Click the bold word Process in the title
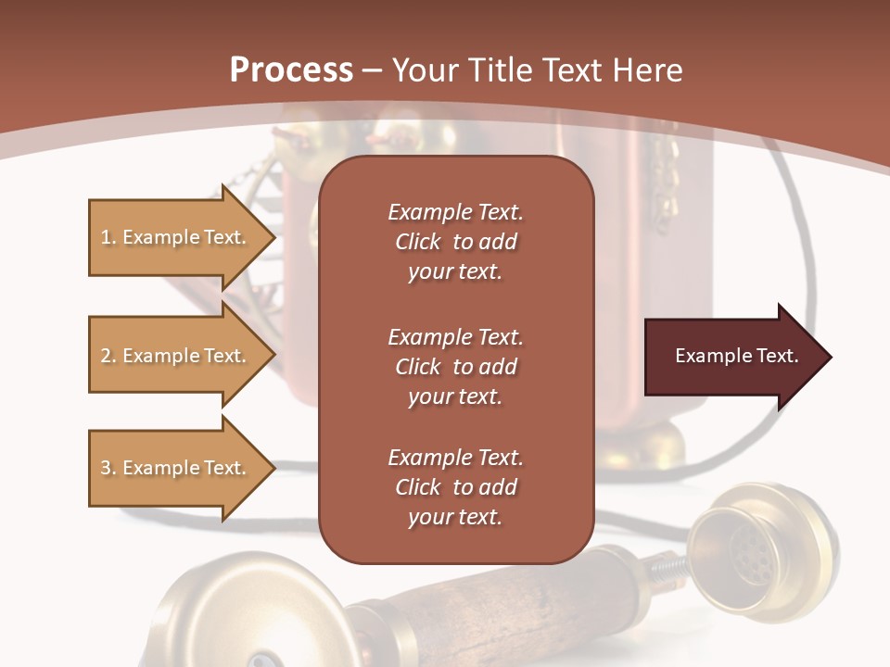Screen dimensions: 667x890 tap(291, 70)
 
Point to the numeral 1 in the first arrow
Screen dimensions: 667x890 tap(105, 237)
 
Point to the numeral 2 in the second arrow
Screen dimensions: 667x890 tap(106, 356)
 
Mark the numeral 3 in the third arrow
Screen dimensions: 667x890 tap(106, 468)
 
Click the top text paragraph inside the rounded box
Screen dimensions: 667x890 tap(455, 242)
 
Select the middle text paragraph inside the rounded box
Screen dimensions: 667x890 tap(455, 367)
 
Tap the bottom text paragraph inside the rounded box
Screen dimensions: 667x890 tap(455, 487)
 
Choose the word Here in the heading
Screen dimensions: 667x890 tap(649, 70)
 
